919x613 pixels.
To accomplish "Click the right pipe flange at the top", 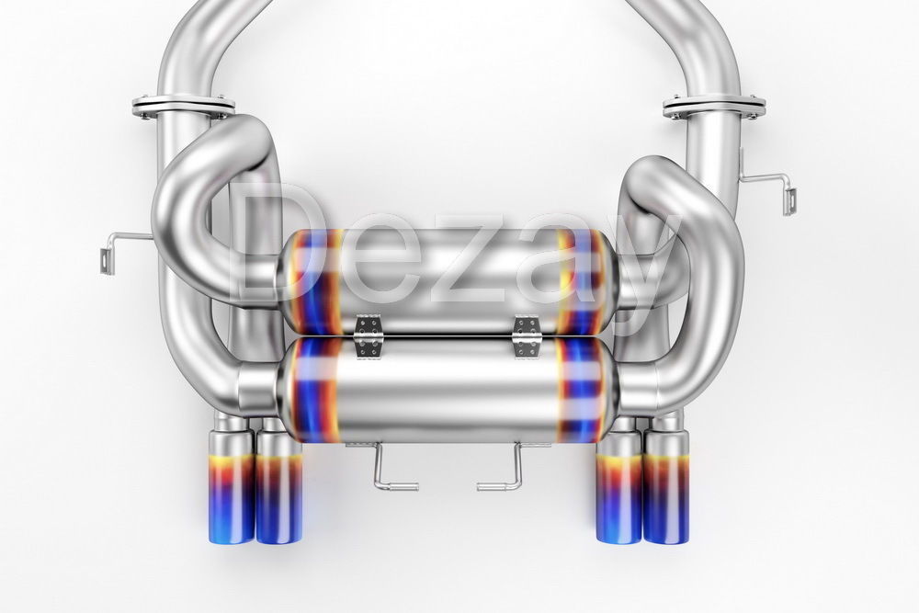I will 713,107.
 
